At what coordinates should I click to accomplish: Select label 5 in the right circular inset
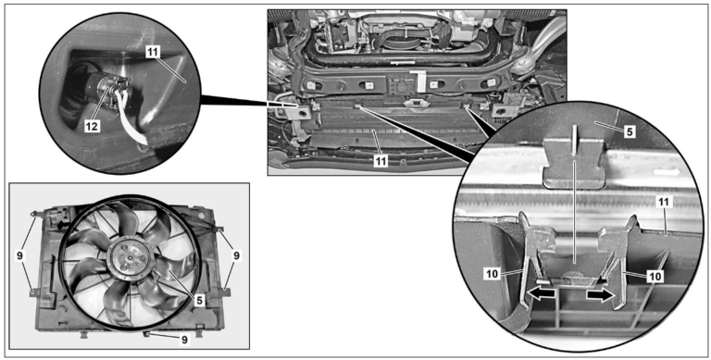[x=629, y=131]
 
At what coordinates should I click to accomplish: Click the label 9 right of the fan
[x=237, y=255]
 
